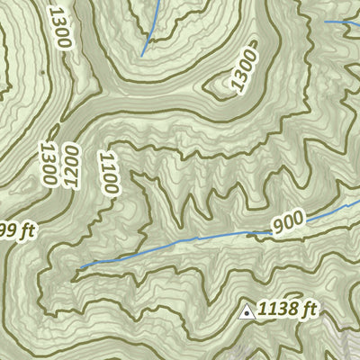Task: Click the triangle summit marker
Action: tap(246, 312)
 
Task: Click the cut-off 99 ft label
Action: tap(16, 231)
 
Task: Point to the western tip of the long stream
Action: tap(78, 267)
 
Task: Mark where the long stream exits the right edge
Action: tap(358, 203)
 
